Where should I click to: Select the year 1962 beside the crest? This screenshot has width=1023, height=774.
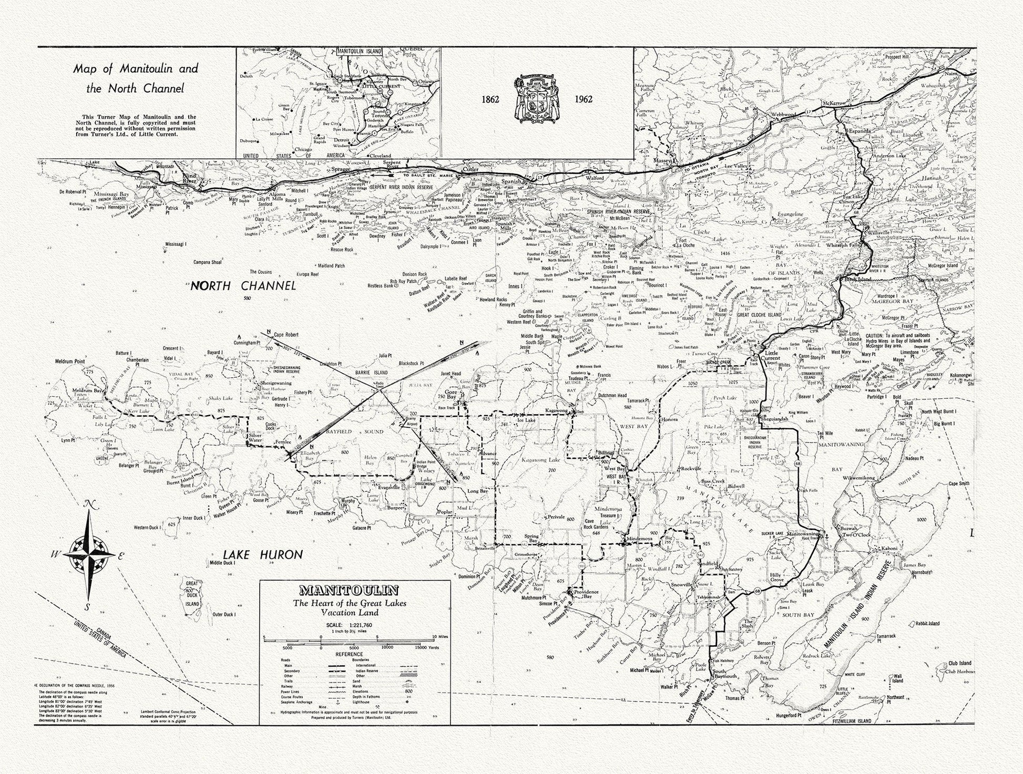coord(584,99)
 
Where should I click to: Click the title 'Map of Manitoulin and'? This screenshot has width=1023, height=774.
coord(136,69)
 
